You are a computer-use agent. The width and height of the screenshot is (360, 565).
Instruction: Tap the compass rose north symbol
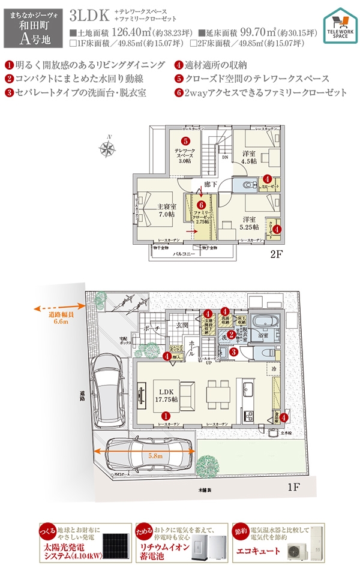109,148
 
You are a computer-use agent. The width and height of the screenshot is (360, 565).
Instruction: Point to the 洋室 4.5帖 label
249,157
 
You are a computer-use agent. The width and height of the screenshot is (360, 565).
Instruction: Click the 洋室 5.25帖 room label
249,223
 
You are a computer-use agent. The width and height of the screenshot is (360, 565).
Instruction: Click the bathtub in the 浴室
265,321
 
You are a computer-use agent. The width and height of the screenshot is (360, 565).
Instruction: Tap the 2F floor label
277,254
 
